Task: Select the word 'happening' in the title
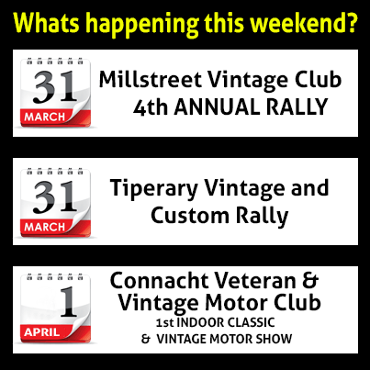pyautogui.click(x=142, y=25)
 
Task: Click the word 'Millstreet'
pyautogui.click(x=151, y=79)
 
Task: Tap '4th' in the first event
pyautogui.click(x=151, y=107)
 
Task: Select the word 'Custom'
pyautogui.click(x=190, y=215)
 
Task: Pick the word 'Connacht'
pyautogui.click(x=159, y=280)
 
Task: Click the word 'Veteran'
pyautogui.click(x=255, y=280)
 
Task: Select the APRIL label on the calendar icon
pyautogui.click(x=42, y=332)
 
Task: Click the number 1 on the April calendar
pyautogui.click(x=68, y=301)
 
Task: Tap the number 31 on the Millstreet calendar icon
pyautogui.click(x=55, y=86)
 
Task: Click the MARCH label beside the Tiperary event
pyautogui.click(x=45, y=227)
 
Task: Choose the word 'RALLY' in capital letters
pyautogui.click(x=297, y=107)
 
